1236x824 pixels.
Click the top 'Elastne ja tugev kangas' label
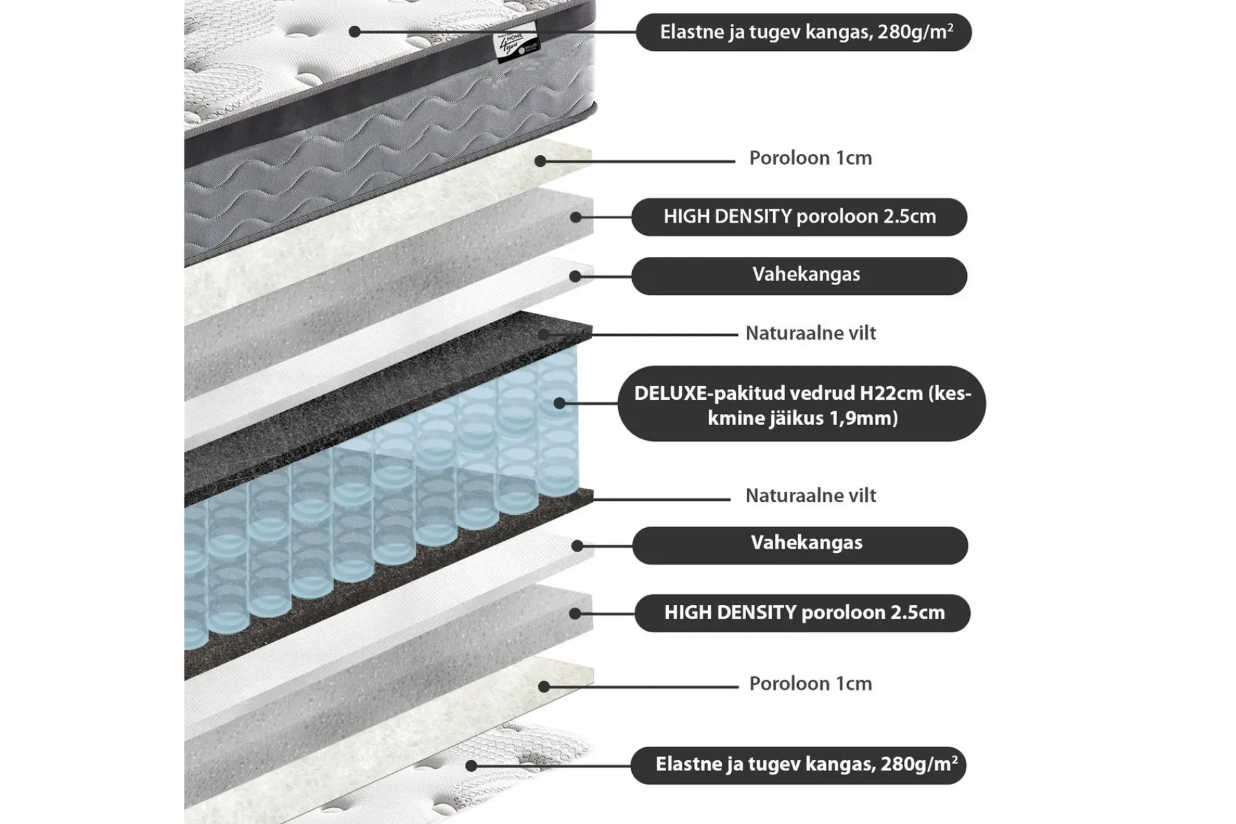803,32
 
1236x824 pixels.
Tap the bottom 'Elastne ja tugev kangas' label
798,765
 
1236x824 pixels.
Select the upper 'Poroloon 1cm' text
810,158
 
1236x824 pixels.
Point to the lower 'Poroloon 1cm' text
810,684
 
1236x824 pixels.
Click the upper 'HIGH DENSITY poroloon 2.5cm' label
799,217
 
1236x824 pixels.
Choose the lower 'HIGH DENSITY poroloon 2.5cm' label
802,613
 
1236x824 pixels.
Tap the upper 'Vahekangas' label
799,276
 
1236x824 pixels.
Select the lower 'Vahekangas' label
800,546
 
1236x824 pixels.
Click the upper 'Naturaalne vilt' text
810,333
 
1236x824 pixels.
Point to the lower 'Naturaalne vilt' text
810,496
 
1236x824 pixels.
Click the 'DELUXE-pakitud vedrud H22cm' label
801,404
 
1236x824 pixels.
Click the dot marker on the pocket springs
559,403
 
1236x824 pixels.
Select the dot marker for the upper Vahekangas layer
576,276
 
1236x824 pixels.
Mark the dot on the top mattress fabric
355,31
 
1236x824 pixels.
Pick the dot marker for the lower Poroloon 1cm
544,687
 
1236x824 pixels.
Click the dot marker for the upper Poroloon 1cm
541,161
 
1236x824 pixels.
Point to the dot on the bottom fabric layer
471,766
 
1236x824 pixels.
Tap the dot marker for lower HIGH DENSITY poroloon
576,613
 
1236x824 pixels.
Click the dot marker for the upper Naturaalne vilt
544,335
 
